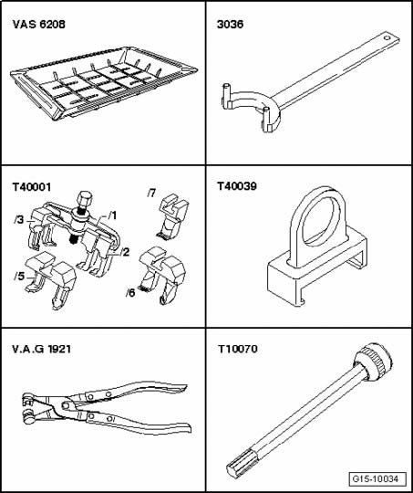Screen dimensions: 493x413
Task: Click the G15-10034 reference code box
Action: tap(375, 477)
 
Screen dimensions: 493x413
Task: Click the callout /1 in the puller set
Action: tap(112, 215)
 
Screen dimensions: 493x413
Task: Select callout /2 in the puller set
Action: tap(125, 252)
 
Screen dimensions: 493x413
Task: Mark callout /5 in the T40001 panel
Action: tap(18, 275)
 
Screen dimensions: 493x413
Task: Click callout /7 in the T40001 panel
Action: tap(152, 193)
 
